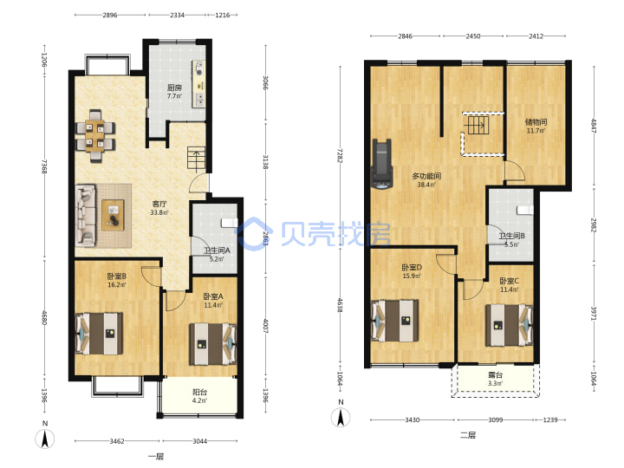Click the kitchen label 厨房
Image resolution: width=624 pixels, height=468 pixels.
pos(174,88)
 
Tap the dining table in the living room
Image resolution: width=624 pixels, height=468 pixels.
pos(95,136)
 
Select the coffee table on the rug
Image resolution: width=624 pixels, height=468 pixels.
pos(113,215)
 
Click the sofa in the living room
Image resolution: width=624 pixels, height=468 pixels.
pos(86,215)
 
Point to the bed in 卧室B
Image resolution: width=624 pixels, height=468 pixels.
pos(99,334)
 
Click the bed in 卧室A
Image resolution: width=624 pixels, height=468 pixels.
pos(213,344)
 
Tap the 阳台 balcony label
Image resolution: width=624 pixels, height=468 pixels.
pos(200,393)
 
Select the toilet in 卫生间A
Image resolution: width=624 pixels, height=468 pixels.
pos(230,222)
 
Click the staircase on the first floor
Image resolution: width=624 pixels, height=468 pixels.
pos(197,159)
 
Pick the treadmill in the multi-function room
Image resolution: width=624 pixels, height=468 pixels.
pos(382,164)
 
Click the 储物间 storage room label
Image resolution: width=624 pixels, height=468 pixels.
pos(536,122)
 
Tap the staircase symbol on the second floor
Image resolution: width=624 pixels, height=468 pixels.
pos(478,126)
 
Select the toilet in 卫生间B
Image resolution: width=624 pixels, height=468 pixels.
pos(525,210)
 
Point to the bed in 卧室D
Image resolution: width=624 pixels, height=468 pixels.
pos(395,321)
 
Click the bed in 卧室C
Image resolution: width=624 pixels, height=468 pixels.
pos(509,325)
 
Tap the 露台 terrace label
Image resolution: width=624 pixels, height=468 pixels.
pos(496,375)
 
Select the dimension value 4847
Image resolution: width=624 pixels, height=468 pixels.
pos(594,126)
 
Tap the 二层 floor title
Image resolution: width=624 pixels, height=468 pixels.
pos(468,435)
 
